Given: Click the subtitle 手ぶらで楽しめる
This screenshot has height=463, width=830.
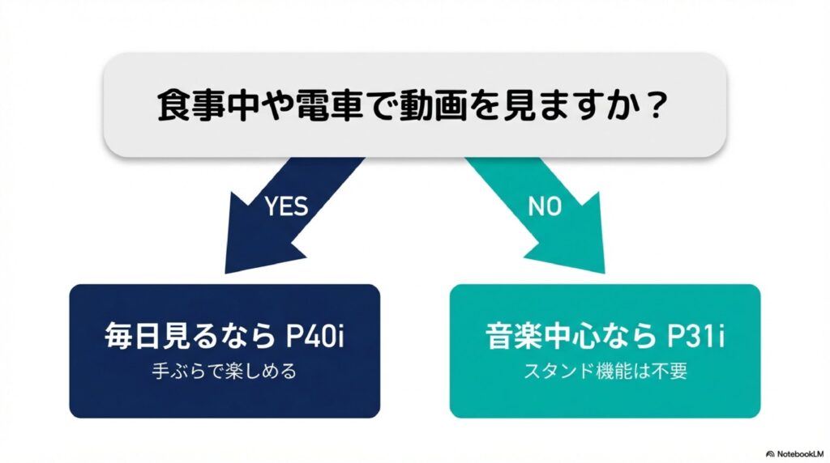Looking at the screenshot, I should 225,372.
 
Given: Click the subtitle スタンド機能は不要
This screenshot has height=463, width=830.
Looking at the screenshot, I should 605,372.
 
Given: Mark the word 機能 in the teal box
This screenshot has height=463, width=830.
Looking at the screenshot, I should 614,372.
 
